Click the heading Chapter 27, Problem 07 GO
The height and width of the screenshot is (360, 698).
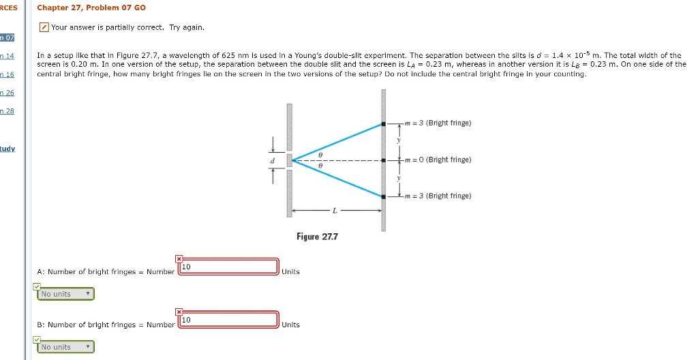[x=91, y=7]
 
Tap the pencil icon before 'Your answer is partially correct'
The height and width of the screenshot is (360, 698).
[x=44, y=27]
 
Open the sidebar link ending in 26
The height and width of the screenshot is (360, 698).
[x=8, y=93]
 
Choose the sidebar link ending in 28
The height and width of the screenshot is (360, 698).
[x=8, y=110]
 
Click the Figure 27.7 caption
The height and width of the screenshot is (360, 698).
[x=317, y=237]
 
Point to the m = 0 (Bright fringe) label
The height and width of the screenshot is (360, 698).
[x=437, y=160]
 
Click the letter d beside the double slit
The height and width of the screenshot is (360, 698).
[x=273, y=161]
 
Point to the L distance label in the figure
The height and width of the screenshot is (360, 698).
[x=334, y=211]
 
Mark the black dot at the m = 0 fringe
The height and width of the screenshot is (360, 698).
[x=384, y=160]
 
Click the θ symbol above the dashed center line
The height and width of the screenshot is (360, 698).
[x=320, y=155]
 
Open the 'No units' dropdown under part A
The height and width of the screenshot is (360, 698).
[x=65, y=294]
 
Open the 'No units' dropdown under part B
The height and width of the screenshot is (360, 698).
[x=65, y=347]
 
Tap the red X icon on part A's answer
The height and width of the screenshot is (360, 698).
[x=179, y=258]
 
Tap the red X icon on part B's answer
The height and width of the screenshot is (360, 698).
[x=179, y=312]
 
